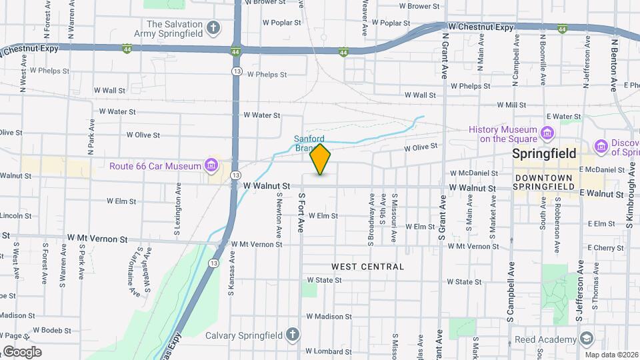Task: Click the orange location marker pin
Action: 320,159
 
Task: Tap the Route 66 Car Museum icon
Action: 211,165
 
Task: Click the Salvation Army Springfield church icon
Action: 213,28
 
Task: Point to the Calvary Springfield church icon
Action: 291,335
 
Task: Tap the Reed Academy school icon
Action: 586,339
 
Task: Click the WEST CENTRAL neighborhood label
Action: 367,267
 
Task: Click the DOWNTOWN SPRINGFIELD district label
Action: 543,182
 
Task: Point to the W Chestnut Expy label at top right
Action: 481,27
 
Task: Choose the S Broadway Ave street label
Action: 371,216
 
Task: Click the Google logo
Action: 21,351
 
